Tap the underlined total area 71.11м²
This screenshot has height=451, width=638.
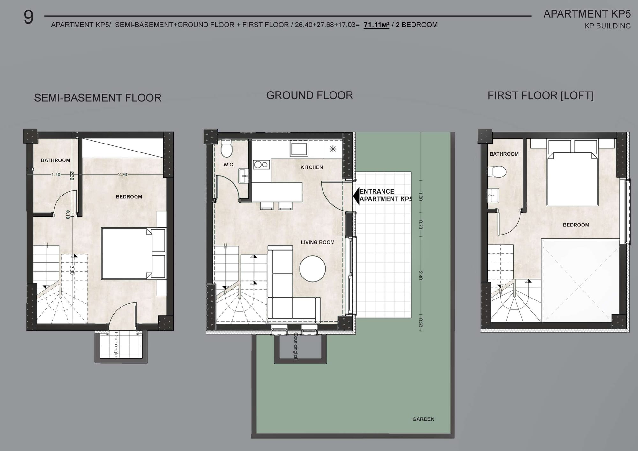(x=376, y=25)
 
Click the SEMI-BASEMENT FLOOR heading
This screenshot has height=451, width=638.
(x=98, y=98)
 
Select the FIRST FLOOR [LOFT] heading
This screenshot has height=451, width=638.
(x=540, y=96)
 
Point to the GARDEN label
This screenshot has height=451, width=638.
(x=423, y=419)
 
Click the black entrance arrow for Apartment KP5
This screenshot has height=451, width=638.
(x=356, y=196)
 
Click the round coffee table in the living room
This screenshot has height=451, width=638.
(x=313, y=269)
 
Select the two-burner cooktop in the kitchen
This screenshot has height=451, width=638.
(x=261, y=165)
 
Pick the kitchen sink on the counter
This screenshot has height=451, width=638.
(x=299, y=149)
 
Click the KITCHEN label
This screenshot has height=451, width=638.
(x=312, y=167)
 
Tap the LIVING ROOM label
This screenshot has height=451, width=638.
(x=318, y=242)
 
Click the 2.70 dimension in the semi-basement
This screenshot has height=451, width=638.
(x=122, y=174)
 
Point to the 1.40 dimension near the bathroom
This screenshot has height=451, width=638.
(x=56, y=174)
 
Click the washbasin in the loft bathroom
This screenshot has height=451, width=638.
(x=493, y=195)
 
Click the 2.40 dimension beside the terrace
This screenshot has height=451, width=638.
(x=420, y=275)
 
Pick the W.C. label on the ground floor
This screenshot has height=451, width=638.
(x=229, y=165)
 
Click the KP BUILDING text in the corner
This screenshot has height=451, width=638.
(x=607, y=26)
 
